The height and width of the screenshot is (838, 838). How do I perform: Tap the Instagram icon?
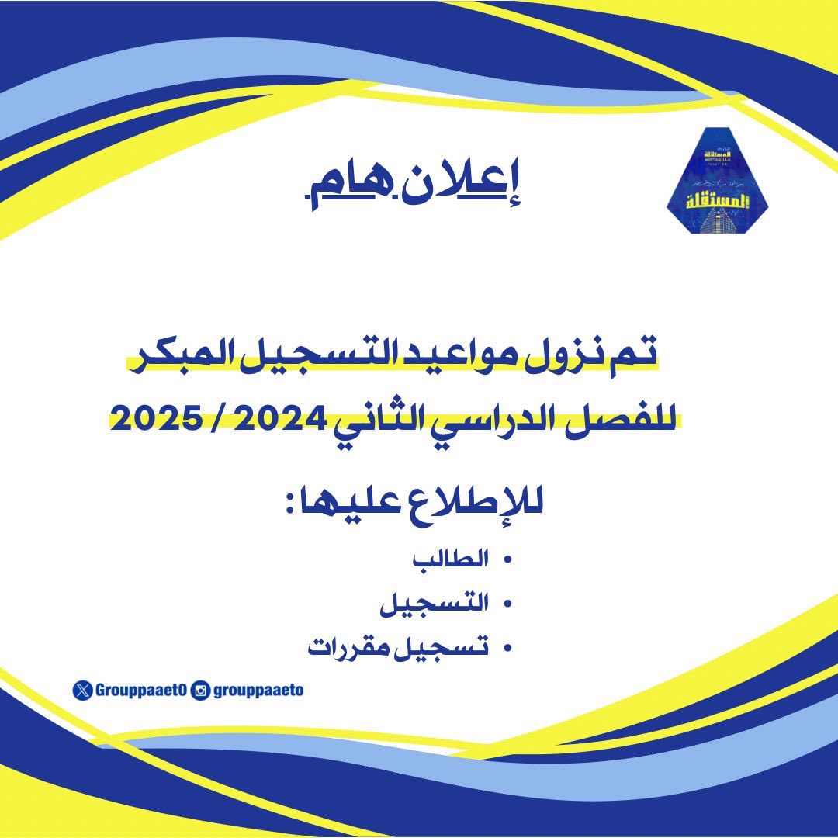[200, 690]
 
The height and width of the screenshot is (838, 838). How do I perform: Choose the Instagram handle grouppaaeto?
[257, 690]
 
